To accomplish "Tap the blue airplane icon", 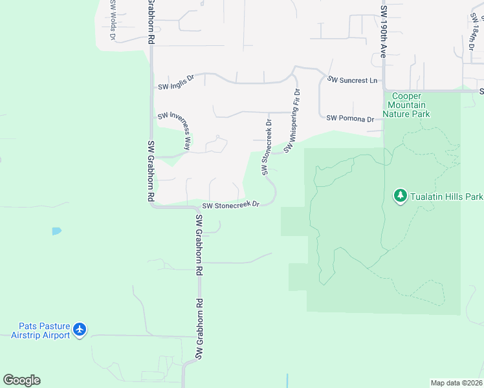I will (80, 330).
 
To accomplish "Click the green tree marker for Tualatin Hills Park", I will (400, 195).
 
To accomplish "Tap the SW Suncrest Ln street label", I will (352, 80).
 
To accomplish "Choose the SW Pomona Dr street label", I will (350, 119).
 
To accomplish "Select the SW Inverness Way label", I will (175, 129).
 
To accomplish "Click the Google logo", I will (21, 380).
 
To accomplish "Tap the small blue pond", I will (57, 230).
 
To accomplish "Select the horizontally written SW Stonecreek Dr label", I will (230, 205).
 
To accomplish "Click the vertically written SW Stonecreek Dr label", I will (266, 146).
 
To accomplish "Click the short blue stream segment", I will (287, 380).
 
